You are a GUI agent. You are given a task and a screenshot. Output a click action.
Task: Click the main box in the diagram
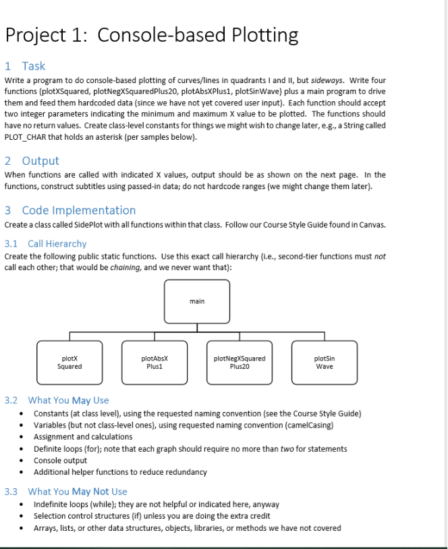coord(197,301)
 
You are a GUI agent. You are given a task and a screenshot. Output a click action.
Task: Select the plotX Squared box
coord(69,362)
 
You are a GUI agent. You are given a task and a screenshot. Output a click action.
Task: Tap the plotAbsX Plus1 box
coord(155,362)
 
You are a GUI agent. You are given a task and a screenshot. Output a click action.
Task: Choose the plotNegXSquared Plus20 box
coord(239,362)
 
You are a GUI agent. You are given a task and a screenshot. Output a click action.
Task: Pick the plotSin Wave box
coord(325,362)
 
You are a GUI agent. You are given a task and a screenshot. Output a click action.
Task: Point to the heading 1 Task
coord(25,66)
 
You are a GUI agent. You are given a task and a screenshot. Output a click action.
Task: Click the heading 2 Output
coord(32,161)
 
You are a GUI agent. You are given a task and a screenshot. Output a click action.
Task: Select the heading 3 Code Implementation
coord(70,210)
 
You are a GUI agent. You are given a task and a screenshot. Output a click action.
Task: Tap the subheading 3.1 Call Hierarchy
coord(46,243)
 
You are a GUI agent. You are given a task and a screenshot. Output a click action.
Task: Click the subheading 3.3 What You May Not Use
coord(66,492)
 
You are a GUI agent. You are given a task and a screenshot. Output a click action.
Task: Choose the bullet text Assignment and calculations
coord(83,437)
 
